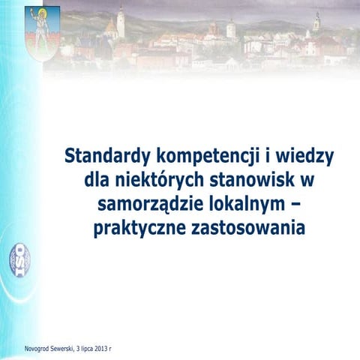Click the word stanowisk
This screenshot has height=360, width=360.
click(243, 181)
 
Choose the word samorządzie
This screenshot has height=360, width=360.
click(148, 205)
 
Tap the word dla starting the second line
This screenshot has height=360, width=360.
click(98, 181)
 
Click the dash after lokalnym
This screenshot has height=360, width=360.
click(295, 205)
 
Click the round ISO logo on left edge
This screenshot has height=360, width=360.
click(19, 259)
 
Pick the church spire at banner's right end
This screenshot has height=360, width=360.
click(316, 22)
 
